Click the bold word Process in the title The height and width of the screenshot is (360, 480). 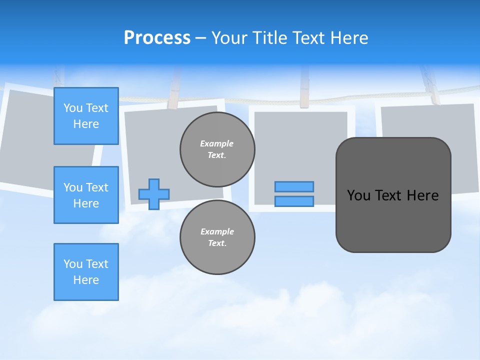pos(157,37)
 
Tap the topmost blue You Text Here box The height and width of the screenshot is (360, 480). pos(86,116)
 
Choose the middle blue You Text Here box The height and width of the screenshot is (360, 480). pos(86,195)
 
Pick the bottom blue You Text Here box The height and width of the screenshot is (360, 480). pos(86,272)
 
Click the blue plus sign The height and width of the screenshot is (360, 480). pos(154,194)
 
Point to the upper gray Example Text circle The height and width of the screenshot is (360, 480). pos(217,149)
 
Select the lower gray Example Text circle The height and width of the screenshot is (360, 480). pos(217,237)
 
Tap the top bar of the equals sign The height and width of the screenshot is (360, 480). pos(294,186)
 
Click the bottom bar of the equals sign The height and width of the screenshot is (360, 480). pos(294,201)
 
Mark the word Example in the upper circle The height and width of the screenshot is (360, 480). pos(217,143)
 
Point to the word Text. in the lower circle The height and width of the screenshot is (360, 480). pos(217,243)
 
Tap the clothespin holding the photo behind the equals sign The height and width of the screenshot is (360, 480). pos(304,90)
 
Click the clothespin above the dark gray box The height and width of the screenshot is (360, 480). pos(430,87)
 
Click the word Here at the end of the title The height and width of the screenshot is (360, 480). pos(348,38)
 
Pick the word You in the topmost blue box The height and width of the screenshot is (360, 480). pos(72,108)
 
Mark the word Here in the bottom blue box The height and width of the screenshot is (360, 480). pos(86,280)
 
